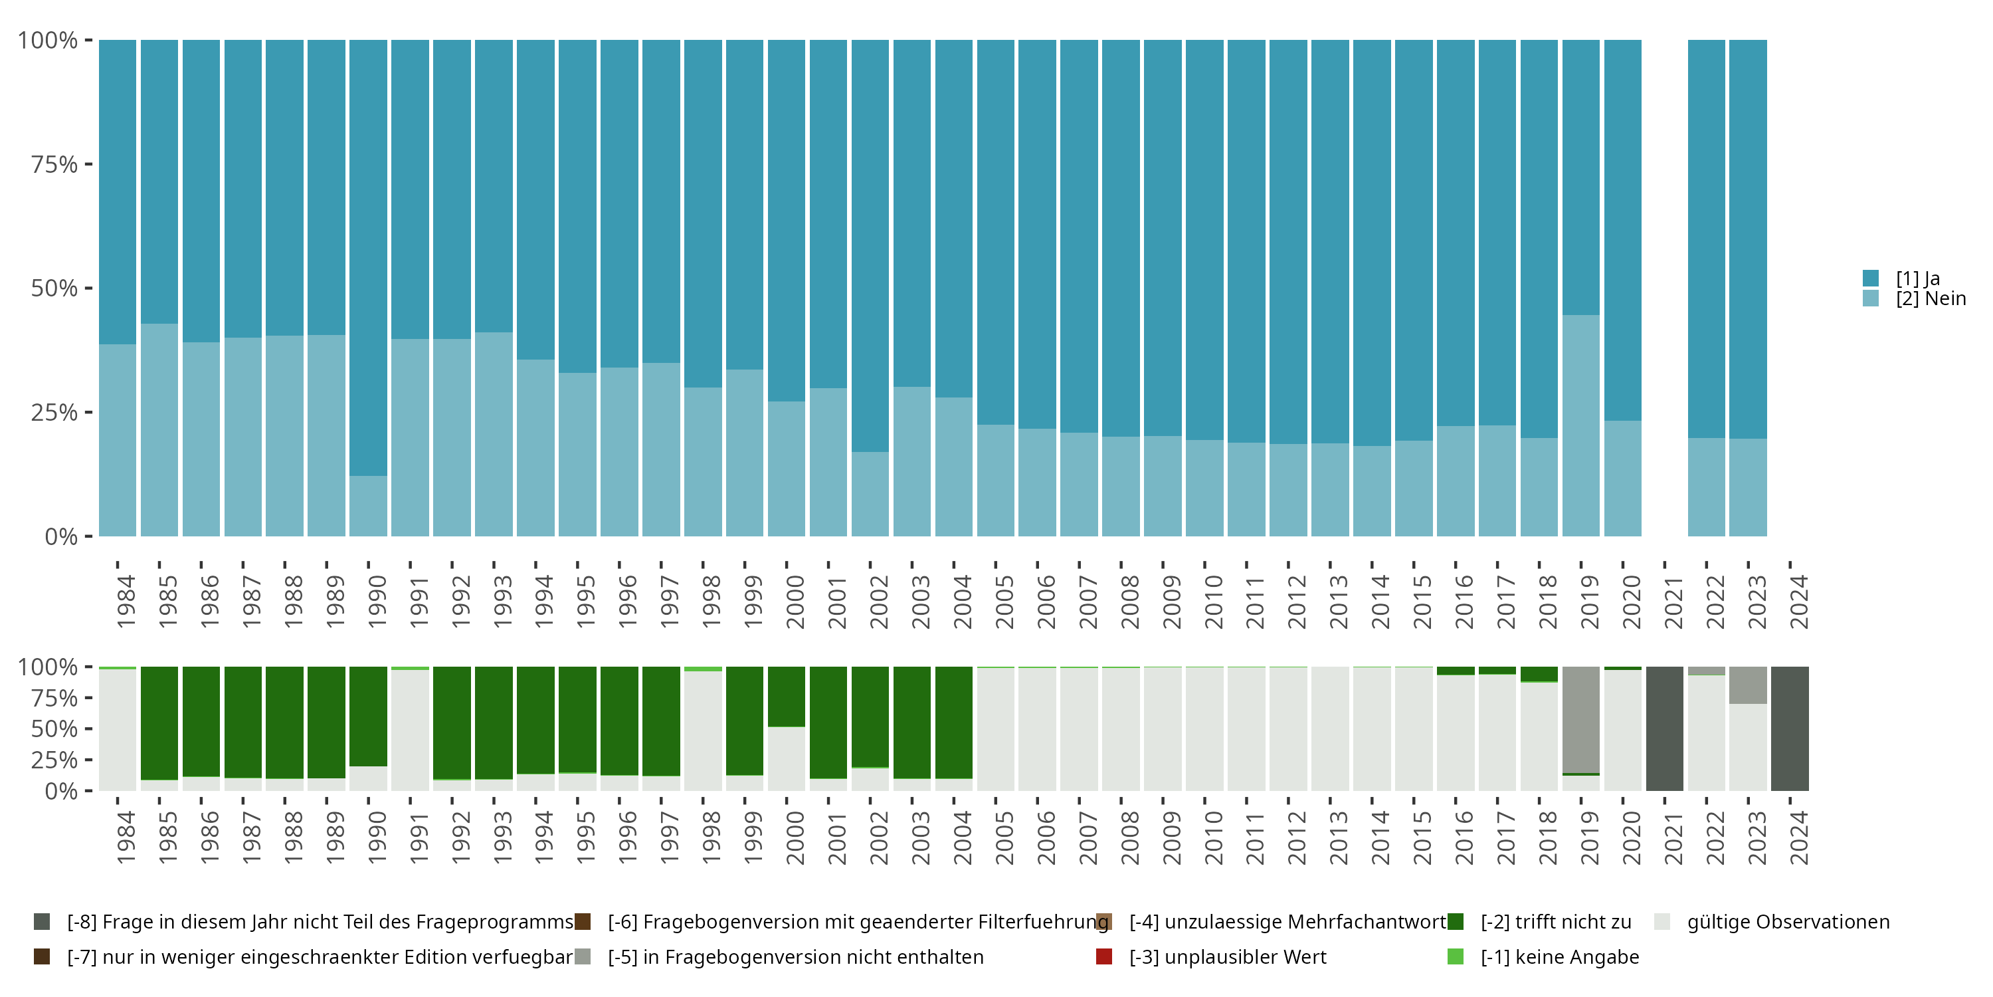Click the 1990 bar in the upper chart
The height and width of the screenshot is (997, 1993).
pyautogui.click(x=368, y=288)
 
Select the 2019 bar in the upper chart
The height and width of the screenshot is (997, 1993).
pyautogui.click(x=1580, y=288)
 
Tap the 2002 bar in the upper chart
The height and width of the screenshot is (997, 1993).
pyautogui.click(x=870, y=288)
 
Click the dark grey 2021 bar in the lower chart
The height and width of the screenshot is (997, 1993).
pyautogui.click(x=1664, y=728)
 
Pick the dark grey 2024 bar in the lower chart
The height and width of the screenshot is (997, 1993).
pyautogui.click(x=1790, y=728)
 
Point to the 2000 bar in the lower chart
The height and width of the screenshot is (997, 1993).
pyautogui.click(x=786, y=728)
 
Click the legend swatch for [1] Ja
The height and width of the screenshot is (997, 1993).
pyautogui.click(x=1871, y=278)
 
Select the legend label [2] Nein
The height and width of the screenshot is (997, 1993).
pyautogui.click(x=1931, y=299)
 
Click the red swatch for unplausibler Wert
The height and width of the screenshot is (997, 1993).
pyautogui.click(x=1104, y=956)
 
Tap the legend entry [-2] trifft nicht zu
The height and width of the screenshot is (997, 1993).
pyautogui.click(x=1555, y=922)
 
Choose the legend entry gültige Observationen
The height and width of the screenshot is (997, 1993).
pyautogui.click(x=1787, y=922)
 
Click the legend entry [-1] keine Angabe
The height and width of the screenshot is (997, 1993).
pyautogui.click(x=1559, y=956)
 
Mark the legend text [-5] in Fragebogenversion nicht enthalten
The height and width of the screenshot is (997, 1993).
pyautogui.click(x=795, y=956)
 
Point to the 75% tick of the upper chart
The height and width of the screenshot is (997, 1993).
pyautogui.click(x=88, y=164)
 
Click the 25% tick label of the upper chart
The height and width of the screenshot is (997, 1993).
pyautogui.click(x=54, y=413)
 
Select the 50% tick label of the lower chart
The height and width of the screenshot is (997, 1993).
pyautogui.click(x=54, y=728)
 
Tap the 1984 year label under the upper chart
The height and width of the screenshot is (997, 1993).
pyautogui.click(x=126, y=602)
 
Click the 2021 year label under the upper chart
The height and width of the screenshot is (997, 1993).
pyautogui.click(x=1673, y=602)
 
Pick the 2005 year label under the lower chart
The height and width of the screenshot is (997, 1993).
pyautogui.click(x=1003, y=837)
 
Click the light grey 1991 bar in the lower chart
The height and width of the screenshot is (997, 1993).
pyautogui.click(x=410, y=728)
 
